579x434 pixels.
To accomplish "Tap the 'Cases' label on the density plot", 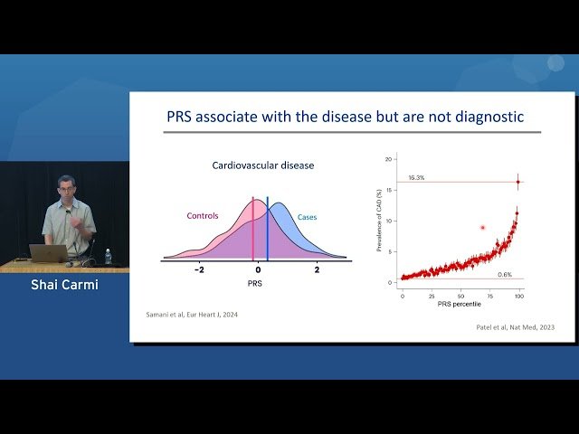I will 308,217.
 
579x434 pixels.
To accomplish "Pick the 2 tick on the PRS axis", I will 317,270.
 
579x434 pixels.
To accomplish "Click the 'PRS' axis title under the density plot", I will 257,283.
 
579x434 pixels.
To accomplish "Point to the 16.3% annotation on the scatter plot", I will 417,178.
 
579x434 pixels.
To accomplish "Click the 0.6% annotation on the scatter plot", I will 505,274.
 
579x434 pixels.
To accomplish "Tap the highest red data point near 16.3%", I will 517,182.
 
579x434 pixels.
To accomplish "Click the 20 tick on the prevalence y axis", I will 390,158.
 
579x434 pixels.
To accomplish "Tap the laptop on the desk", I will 47,253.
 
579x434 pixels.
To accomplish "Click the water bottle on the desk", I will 108,256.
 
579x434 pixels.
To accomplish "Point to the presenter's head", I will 65,186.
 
